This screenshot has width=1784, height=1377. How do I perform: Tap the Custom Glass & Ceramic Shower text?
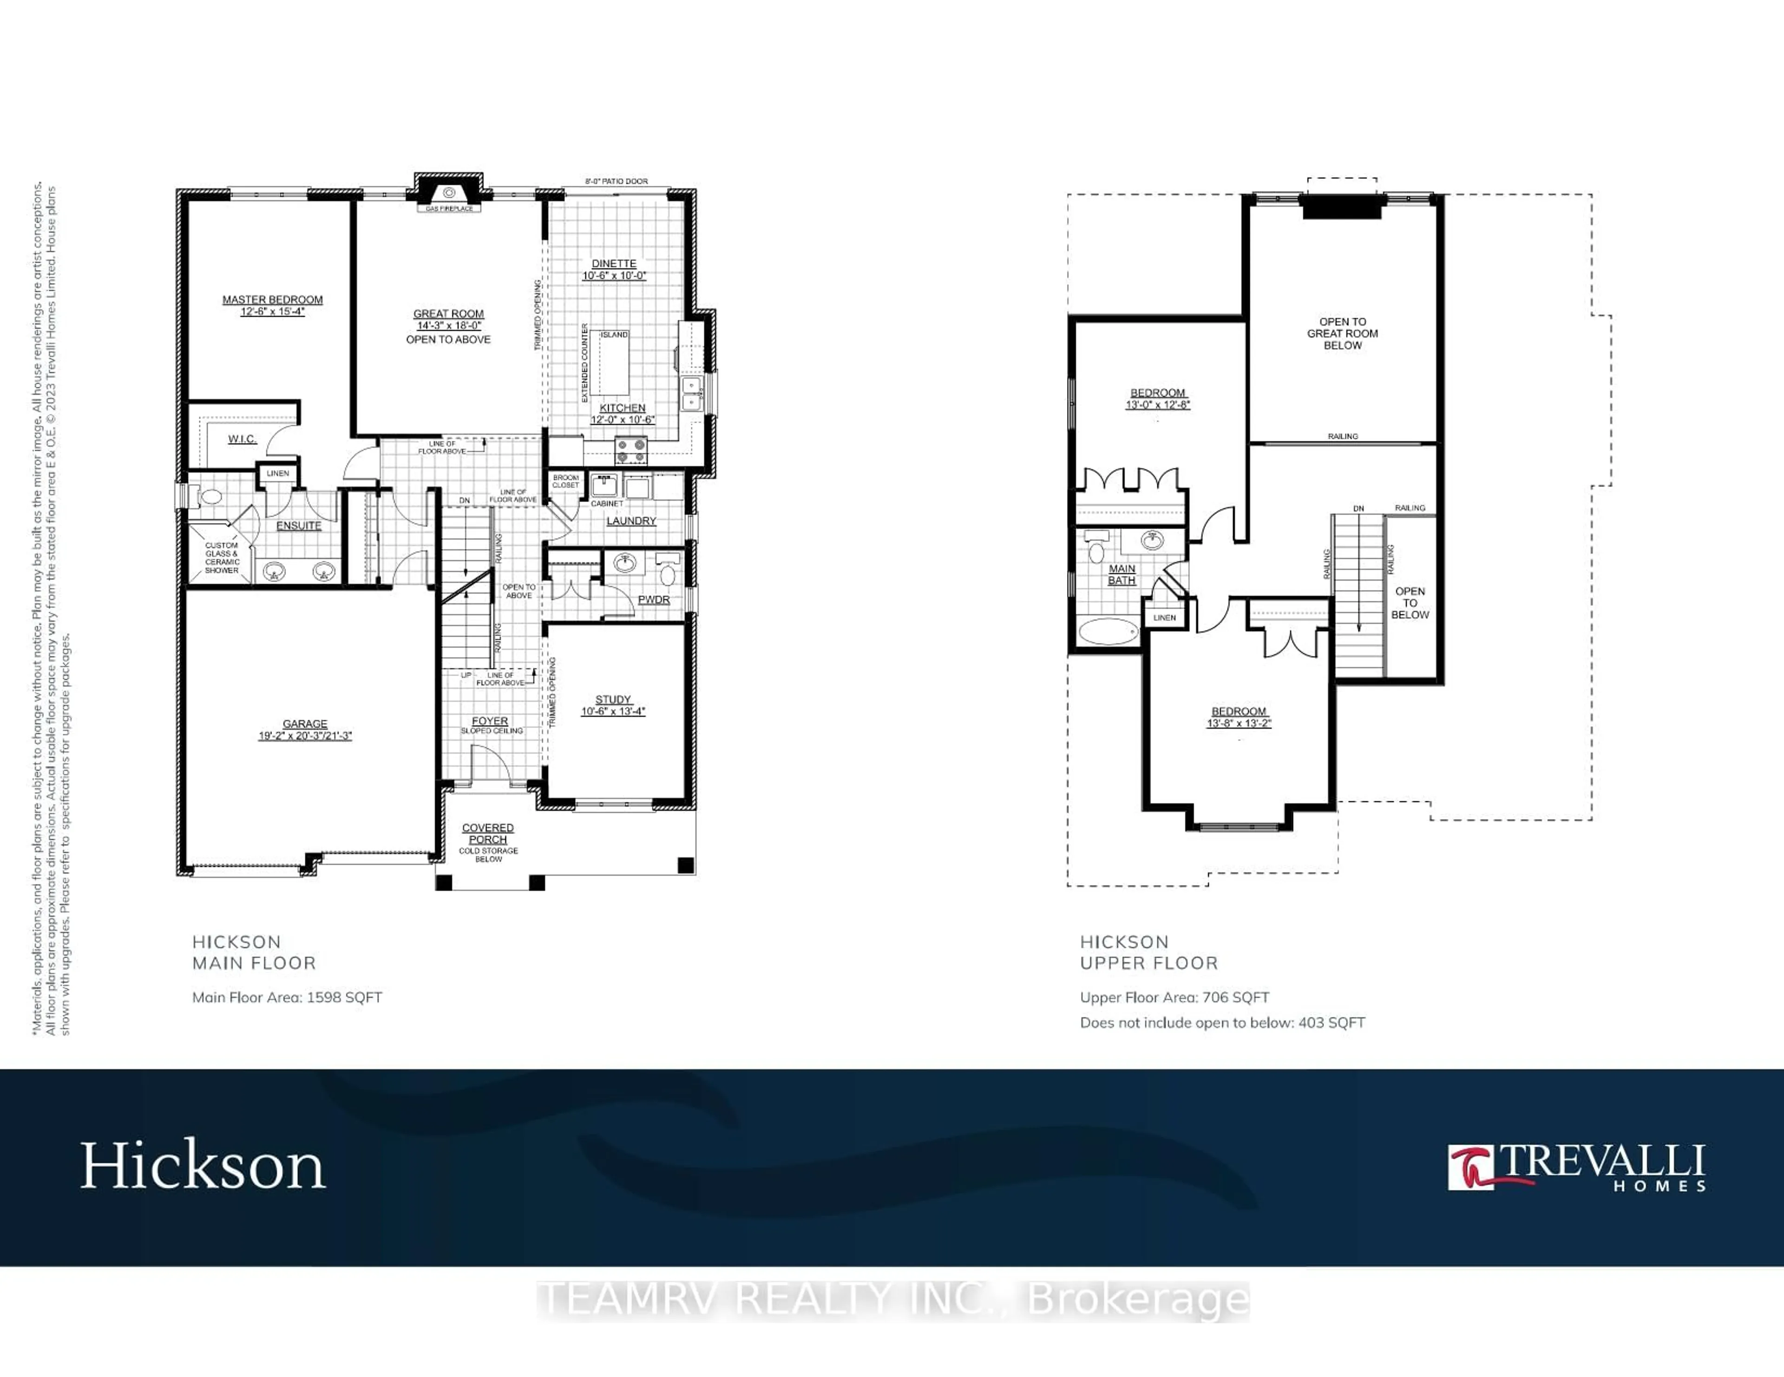pos(221,558)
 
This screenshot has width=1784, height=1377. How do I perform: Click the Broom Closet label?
pos(565,481)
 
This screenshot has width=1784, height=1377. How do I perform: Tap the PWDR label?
pos(654,600)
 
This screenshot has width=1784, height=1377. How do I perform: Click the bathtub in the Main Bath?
pos(1108,631)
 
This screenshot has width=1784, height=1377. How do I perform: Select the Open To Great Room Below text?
pos(1342,333)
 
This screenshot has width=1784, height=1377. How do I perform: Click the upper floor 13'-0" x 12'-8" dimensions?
pos(1157,405)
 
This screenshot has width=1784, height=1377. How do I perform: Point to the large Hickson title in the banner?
pos(203,1166)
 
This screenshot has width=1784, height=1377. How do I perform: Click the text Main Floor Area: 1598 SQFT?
pos(287,997)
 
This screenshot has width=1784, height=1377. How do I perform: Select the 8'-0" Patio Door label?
pos(616,181)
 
